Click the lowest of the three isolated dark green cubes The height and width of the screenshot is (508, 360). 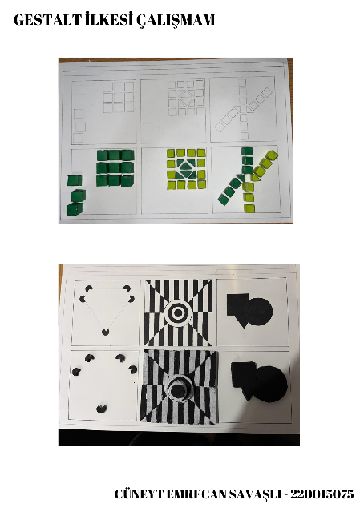tap(74, 208)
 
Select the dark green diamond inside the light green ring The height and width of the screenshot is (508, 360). tap(187, 170)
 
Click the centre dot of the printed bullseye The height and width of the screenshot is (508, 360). tap(180, 308)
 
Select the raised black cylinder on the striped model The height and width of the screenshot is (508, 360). tap(180, 389)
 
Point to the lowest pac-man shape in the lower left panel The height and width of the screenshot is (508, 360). tap(102, 407)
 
